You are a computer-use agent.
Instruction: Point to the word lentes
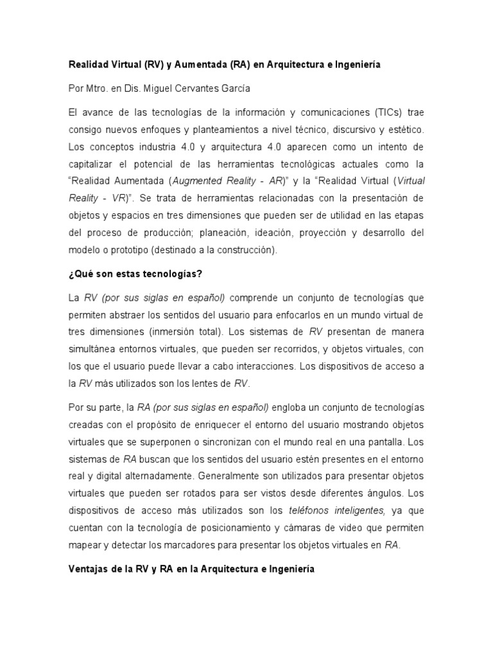tap(200, 384)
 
